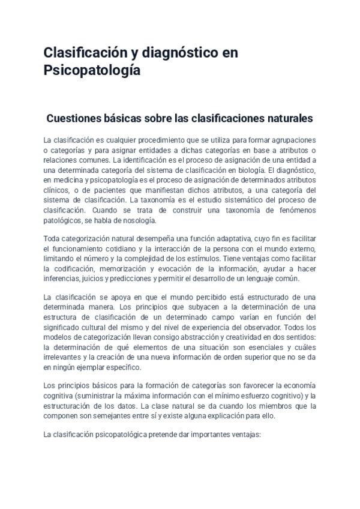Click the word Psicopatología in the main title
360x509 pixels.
pyautogui.click(x=92, y=70)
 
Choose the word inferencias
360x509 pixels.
pyautogui.click(x=62, y=279)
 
